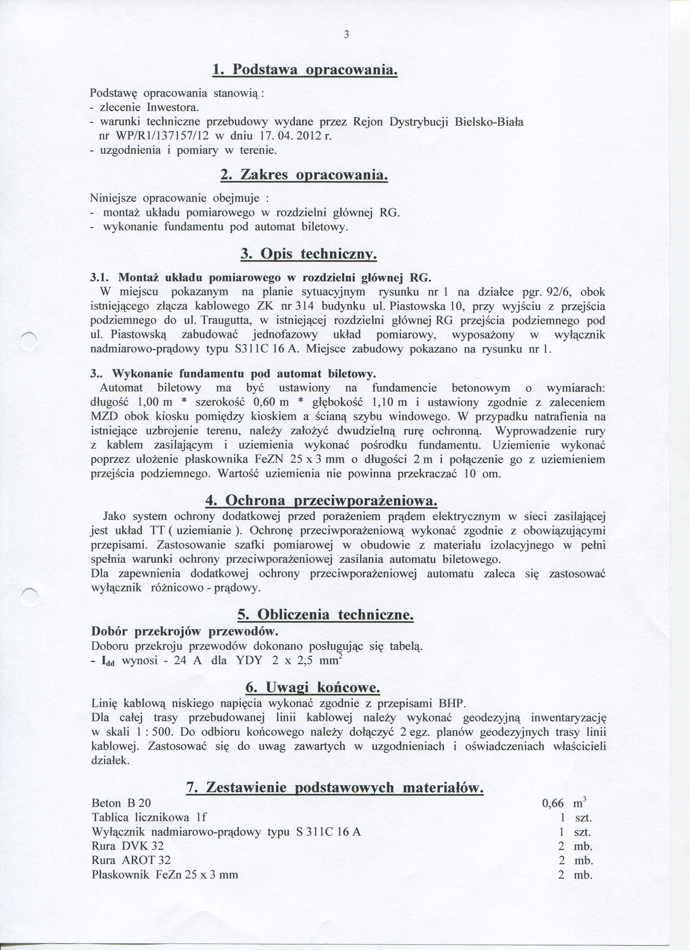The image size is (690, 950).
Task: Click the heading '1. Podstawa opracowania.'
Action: pyautogui.click(x=304, y=70)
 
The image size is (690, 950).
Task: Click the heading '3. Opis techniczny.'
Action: pyautogui.click(x=308, y=254)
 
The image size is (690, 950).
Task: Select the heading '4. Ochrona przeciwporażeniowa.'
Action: pyautogui.click(x=321, y=501)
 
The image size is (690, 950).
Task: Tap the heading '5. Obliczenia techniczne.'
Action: pyautogui.click(x=325, y=615)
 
